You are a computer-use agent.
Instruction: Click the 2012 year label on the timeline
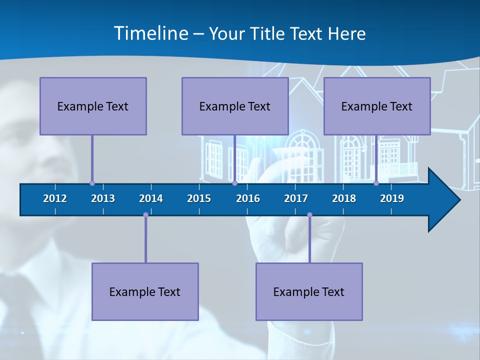click(x=55, y=198)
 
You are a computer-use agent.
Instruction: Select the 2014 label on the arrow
click(x=151, y=198)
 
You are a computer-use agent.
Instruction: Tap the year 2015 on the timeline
click(x=199, y=198)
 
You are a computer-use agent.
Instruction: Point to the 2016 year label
click(x=248, y=198)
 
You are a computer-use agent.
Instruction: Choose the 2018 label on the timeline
click(x=344, y=198)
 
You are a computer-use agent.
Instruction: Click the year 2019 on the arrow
click(x=392, y=198)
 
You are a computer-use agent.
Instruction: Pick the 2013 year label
click(x=103, y=198)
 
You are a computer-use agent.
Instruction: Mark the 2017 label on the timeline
click(x=296, y=198)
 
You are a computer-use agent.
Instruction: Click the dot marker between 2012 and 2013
click(x=92, y=183)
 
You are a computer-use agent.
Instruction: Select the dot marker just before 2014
click(x=145, y=215)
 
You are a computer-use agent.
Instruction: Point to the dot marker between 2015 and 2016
click(x=234, y=183)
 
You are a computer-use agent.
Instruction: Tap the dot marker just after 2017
click(x=309, y=215)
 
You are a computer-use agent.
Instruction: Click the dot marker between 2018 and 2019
click(x=376, y=183)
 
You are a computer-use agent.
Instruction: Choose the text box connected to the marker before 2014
click(x=145, y=291)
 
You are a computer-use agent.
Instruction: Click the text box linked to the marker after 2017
click(x=309, y=291)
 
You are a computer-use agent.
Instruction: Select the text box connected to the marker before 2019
click(x=377, y=106)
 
